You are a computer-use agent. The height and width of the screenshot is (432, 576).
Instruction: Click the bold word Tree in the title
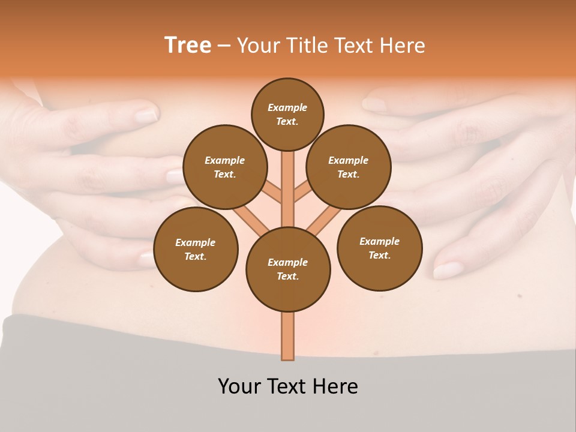coord(188,46)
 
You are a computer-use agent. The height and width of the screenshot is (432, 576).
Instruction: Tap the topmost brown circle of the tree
coord(287,114)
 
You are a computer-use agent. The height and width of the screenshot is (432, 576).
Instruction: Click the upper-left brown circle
coord(225,167)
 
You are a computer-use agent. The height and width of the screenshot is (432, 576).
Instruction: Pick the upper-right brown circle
coord(349,167)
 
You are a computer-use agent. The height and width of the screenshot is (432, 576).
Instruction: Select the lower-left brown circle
coord(196,249)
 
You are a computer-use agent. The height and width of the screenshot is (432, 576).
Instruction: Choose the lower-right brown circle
coord(380,248)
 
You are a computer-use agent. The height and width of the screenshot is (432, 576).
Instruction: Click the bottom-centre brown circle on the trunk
coord(288,269)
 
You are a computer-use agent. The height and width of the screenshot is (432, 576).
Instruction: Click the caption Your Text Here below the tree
coord(288,386)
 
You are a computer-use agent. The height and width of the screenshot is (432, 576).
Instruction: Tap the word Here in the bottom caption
coord(338,386)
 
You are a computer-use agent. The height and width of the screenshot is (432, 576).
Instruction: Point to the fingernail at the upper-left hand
coord(146,115)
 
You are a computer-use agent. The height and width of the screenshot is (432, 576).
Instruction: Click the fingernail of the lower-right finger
coord(447,270)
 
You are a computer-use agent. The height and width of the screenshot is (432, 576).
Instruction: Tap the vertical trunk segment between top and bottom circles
coord(288,186)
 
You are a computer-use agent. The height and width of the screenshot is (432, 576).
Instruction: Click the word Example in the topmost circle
coord(287,107)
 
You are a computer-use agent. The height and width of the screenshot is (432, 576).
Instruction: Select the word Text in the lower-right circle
coord(379,255)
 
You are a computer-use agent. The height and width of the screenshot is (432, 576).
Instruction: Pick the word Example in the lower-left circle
coord(195,242)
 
